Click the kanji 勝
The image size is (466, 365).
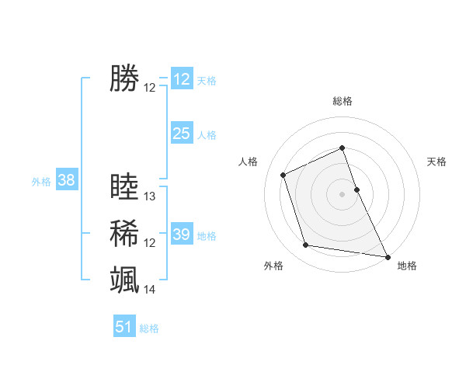[124, 78]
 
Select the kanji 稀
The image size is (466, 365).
[124, 233]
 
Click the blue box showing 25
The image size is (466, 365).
[181, 134]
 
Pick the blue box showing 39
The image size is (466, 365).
[181, 235]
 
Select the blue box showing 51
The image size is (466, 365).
[124, 327]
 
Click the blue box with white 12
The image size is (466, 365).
[181, 79]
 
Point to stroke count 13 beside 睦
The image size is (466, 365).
[150, 196]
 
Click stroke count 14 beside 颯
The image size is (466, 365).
[150, 290]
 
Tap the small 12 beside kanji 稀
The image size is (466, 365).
[150, 243]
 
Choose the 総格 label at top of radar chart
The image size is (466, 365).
[343, 101]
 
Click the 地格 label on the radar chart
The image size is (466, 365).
[407, 266]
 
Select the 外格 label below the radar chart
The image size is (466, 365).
[273, 266]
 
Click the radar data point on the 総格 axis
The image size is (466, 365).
[343, 148]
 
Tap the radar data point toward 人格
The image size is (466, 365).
[283, 175]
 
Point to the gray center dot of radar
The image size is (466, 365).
[343, 193]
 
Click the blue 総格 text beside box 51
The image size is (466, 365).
[149, 328]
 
